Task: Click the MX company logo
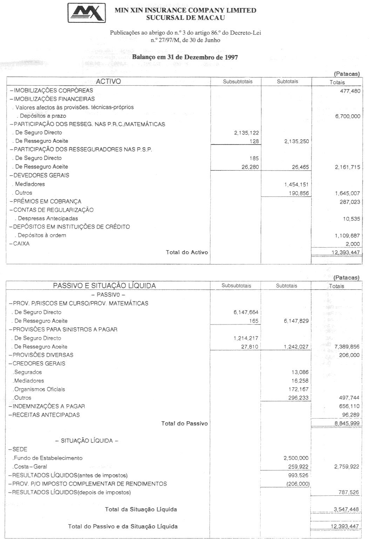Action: click(x=87, y=13)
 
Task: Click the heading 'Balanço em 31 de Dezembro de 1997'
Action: click(x=185, y=57)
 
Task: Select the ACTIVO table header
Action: click(x=108, y=81)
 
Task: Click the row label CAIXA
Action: click(x=21, y=244)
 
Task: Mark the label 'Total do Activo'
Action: click(x=187, y=252)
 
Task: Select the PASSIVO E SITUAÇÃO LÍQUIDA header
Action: click(x=104, y=286)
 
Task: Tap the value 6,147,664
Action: click(x=246, y=312)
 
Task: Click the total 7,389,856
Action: click(x=347, y=347)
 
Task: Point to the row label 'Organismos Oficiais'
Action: click(x=39, y=389)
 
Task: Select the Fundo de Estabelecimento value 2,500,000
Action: click(x=296, y=458)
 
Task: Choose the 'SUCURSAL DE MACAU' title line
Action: click(x=185, y=17)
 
